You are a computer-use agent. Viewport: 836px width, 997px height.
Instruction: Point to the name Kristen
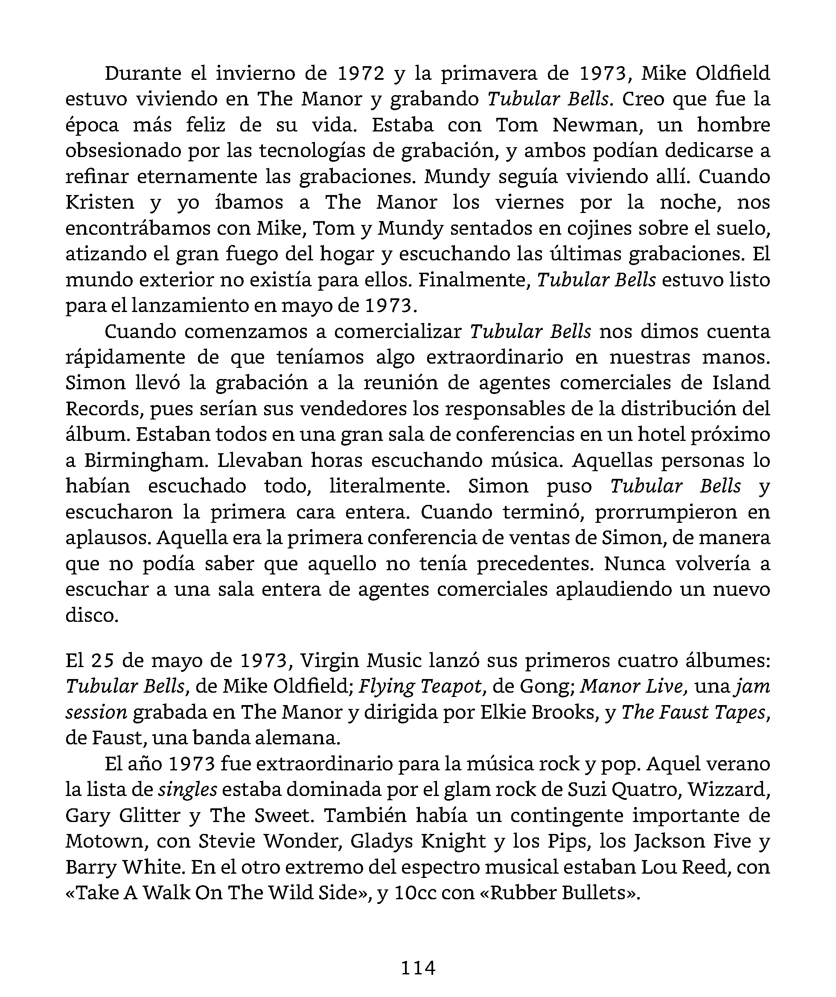pyautogui.click(x=100, y=203)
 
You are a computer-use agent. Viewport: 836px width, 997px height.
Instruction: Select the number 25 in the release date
pyautogui.click(x=103, y=660)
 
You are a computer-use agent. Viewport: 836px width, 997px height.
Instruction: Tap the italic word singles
pyautogui.click(x=187, y=790)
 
